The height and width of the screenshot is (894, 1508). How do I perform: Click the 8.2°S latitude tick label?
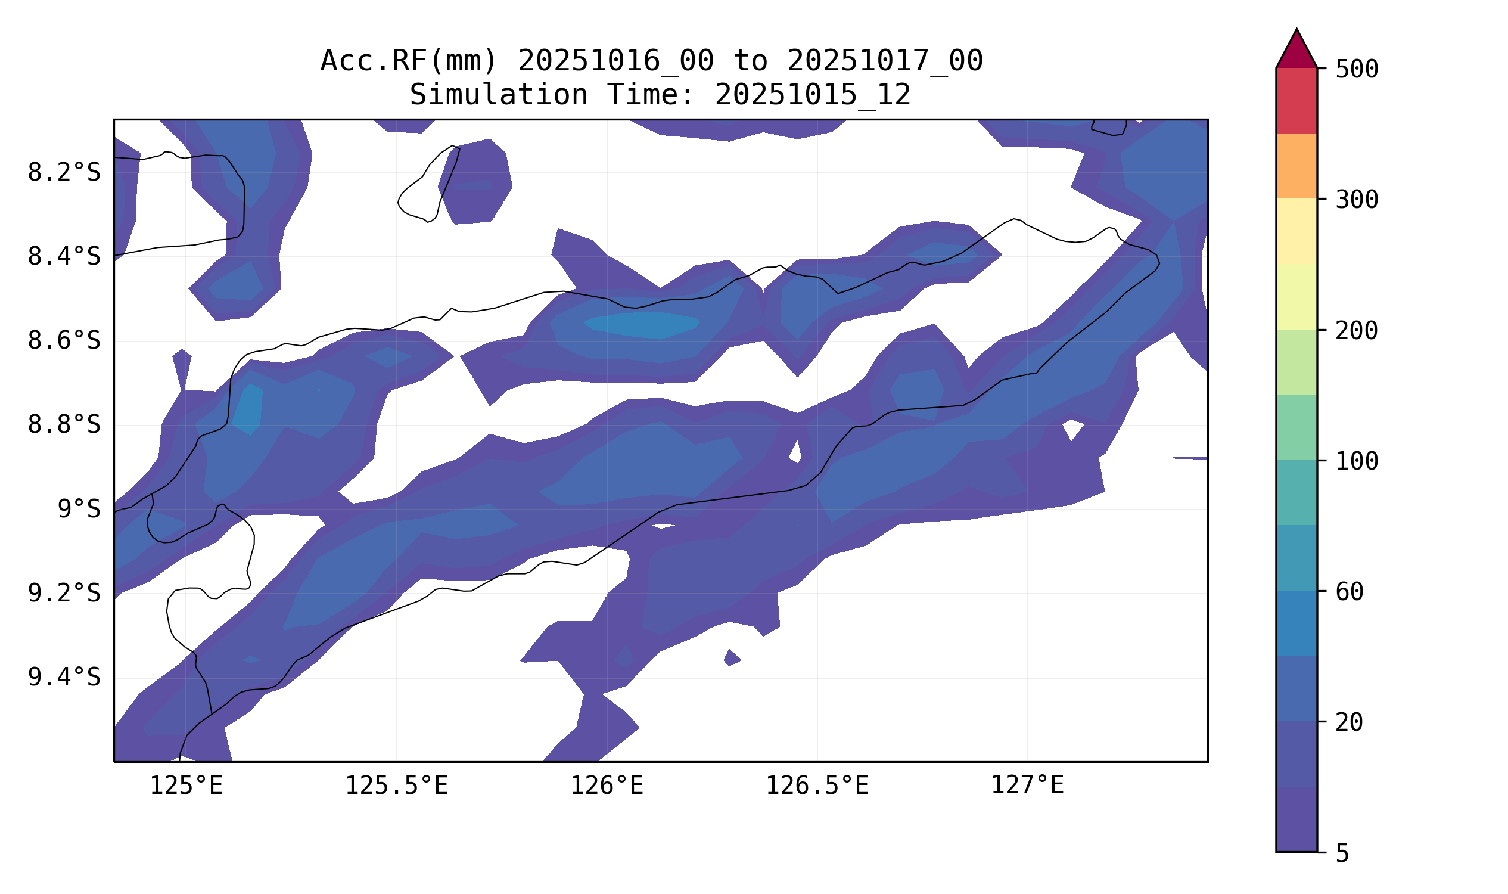tap(64, 173)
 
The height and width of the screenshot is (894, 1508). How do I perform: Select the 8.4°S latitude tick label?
tap(64, 257)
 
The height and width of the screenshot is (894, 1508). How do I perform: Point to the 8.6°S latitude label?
tap(64, 341)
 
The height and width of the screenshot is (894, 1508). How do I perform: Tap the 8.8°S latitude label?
tap(64, 426)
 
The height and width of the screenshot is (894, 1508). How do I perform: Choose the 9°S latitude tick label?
tap(79, 510)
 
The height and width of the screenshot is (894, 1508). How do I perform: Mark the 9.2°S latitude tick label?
tap(64, 594)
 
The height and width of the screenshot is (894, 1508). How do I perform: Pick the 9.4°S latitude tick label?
tap(64, 678)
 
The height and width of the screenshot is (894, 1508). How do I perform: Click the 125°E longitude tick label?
tap(186, 786)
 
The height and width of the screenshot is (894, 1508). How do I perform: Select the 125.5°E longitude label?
tap(396, 786)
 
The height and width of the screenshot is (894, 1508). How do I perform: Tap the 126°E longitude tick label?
tap(607, 786)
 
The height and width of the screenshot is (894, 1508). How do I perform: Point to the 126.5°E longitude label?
tap(817, 786)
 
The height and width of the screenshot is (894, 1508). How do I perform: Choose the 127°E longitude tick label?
tap(1028, 786)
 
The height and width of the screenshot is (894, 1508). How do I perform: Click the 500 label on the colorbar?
tap(1356, 70)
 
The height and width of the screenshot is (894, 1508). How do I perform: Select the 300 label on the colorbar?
tap(1356, 200)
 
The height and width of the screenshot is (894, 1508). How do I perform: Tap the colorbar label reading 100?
tap(1356, 462)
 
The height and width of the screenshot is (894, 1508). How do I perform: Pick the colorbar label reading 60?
tap(1349, 593)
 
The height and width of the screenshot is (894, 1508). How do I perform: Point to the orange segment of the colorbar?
tap(1296, 166)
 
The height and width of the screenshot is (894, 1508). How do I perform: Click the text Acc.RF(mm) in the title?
tap(409, 61)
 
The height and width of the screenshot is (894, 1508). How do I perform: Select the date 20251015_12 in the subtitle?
tap(813, 95)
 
